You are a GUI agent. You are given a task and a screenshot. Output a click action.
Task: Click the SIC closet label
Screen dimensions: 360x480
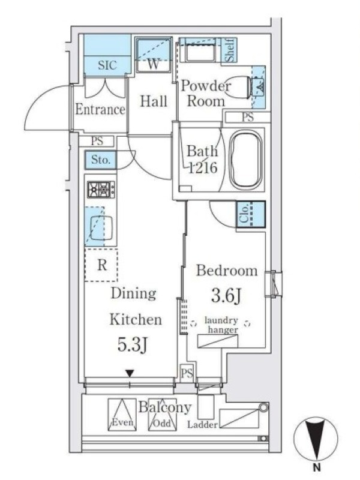point(107,65)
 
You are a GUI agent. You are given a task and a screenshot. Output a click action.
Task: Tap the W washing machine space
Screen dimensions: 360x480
point(153,55)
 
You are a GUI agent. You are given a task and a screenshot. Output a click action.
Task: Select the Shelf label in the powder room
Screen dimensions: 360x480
point(230,50)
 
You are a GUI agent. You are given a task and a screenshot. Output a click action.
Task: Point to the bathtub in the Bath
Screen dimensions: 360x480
point(246,160)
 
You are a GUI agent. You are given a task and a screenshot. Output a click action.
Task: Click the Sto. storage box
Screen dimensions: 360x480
point(100,160)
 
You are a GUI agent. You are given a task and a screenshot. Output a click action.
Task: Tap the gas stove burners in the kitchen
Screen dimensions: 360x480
point(101,190)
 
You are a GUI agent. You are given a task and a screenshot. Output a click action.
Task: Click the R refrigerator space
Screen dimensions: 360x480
point(101,265)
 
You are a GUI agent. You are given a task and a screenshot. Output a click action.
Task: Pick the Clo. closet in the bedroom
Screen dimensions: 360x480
point(251,214)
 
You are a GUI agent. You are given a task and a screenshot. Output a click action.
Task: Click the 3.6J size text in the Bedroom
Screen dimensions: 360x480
point(227,296)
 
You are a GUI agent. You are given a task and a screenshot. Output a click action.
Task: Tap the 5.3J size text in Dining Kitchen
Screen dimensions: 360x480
point(133,344)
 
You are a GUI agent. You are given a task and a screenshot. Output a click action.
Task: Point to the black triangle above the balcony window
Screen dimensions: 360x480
point(130,373)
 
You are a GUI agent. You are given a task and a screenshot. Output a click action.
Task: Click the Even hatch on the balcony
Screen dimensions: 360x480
point(122,415)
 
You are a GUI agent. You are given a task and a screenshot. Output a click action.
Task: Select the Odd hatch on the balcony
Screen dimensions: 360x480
point(162,415)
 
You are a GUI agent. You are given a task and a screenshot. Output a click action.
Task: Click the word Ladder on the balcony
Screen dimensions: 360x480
point(202,425)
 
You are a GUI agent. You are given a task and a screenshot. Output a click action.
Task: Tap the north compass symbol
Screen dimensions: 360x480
point(316,438)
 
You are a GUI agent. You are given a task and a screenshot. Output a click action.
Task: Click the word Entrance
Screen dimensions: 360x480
point(100,109)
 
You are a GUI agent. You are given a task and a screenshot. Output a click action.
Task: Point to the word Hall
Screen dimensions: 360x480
point(154,101)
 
